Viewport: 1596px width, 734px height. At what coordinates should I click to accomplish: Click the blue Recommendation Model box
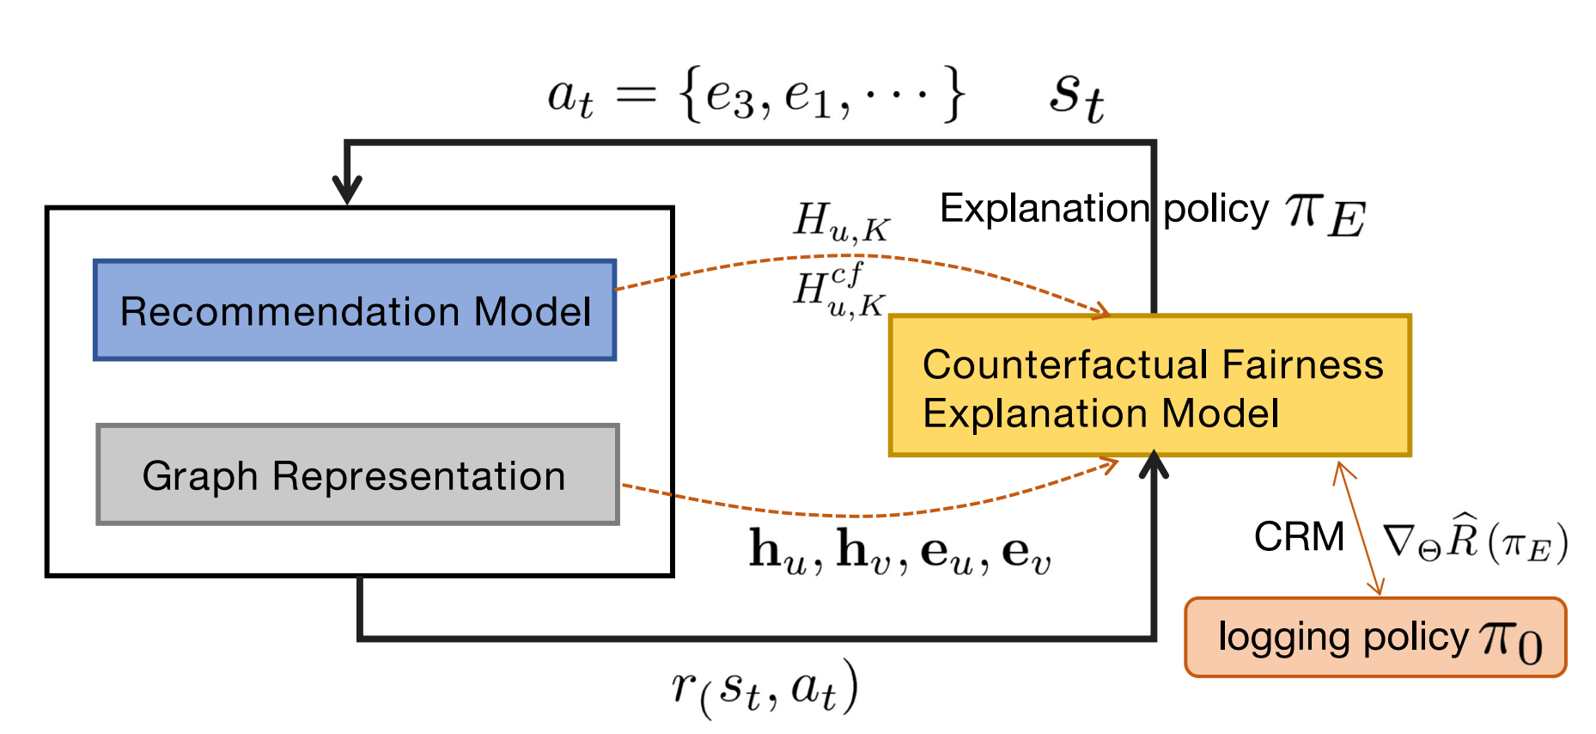(355, 310)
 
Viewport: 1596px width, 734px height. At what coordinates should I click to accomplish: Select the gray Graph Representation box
(357, 474)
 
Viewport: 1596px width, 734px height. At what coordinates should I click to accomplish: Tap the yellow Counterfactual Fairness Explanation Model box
(1149, 386)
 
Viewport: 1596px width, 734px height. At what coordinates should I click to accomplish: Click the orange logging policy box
(1374, 638)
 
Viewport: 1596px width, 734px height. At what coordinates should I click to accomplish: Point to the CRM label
(1298, 537)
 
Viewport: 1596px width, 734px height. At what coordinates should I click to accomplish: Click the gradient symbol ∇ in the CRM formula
(1398, 541)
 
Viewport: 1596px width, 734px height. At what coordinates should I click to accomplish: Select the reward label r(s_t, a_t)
(764, 688)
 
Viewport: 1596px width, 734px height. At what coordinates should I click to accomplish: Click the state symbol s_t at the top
(1075, 96)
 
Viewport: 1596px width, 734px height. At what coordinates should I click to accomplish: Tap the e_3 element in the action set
(728, 96)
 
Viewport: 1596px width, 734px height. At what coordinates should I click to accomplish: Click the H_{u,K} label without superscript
(840, 222)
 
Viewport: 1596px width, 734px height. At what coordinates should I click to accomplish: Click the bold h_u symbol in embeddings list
(777, 552)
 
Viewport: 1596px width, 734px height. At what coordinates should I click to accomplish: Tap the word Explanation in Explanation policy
(1044, 209)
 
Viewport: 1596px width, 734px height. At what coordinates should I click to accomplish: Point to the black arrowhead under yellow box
(1154, 465)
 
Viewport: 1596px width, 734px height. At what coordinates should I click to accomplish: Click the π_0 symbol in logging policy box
(1510, 641)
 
